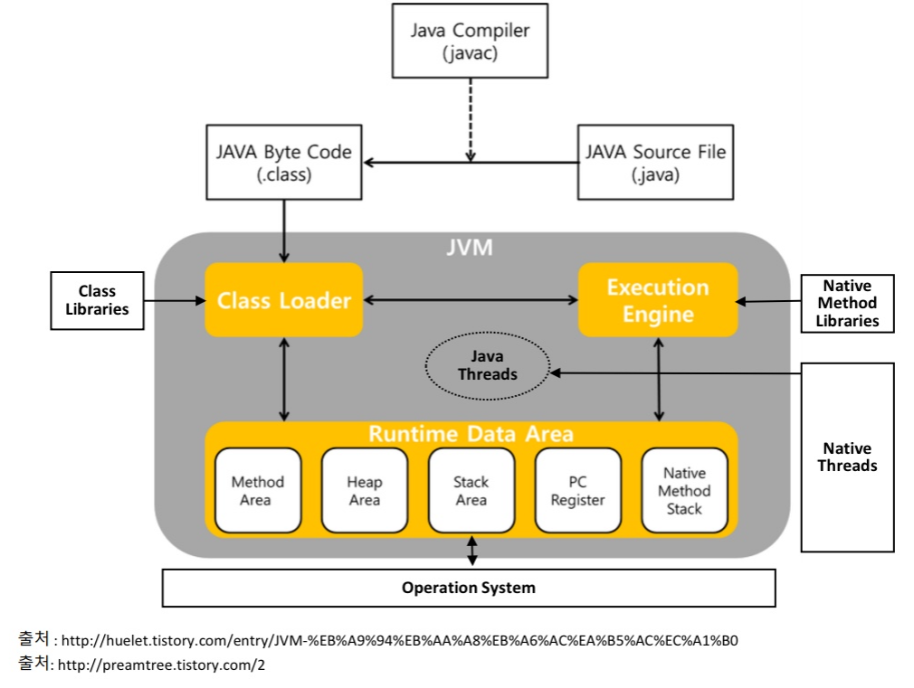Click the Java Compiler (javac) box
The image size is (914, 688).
[x=470, y=42]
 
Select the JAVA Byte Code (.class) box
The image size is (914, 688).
[x=283, y=163]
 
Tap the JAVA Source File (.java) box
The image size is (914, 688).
[x=655, y=163]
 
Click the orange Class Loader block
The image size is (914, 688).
[x=283, y=300]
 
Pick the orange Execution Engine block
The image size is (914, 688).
[x=658, y=300]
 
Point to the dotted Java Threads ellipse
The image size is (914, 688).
[x=488, y=365]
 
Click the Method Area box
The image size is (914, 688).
[x=257, y=491]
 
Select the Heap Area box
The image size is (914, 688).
[x=364, y=491]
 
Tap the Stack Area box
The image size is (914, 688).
[x=471, y=491]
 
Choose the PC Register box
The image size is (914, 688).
[x=577, y=491]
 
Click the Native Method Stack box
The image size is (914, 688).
[x=684, y=491]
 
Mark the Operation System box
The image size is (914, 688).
[x=468, y=588]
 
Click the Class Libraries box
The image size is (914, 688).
[x=97, y=300]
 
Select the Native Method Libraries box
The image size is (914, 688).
[x=847, y=303]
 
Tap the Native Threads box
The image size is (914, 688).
[x=847, y=457]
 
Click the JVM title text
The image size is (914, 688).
[x=471, y=248]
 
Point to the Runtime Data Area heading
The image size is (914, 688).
[x=471, y=434]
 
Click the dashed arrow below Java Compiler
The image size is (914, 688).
[x=470, y=118]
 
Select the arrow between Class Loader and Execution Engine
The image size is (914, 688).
[x=471, y=299]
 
